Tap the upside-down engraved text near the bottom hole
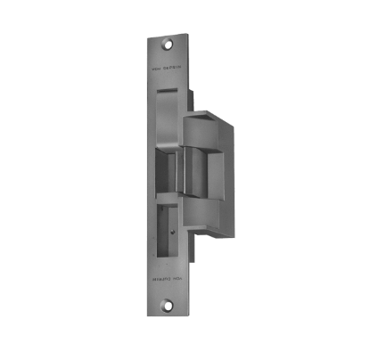point(167,300)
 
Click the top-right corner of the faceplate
point(190,32)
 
